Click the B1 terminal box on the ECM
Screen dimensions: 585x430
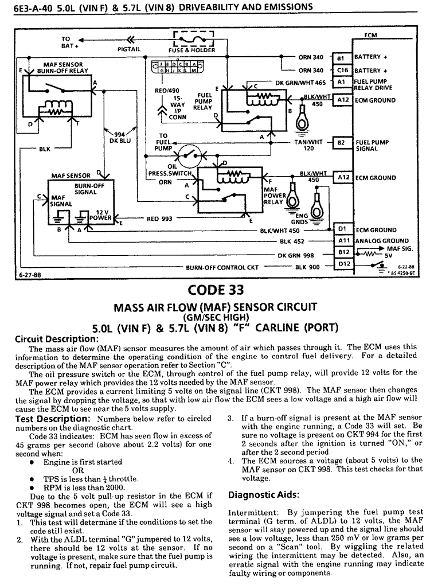[x=341, y=58]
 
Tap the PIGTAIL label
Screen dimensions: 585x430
[x=129, y=49]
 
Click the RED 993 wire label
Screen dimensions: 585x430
[x=161, y=219]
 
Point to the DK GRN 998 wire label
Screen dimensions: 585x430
[x=296, y=255]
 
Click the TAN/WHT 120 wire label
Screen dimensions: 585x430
[x=308, y=145]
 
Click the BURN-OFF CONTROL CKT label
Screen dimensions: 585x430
[x=222, y=267]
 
